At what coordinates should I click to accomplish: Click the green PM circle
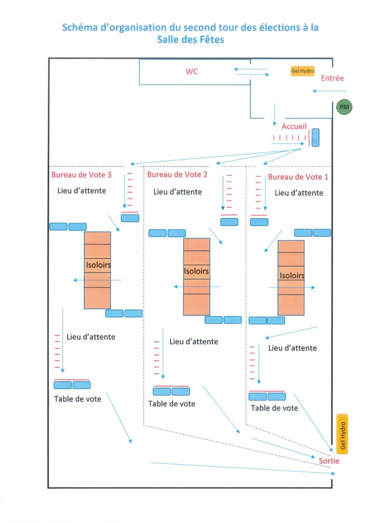(344, 107)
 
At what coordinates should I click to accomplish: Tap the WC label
(192, 71)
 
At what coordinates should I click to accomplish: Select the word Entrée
(332, 78)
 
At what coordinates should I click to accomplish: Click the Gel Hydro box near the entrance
(303, 71)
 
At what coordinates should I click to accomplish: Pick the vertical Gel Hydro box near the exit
(343, 434)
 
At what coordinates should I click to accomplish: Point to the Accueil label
(294, 126)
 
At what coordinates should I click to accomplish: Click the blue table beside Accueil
(315, 137)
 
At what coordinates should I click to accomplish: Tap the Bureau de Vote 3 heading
(81, 175)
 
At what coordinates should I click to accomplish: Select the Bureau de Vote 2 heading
(177, 174)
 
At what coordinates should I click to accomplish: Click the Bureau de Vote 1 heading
(298, 177)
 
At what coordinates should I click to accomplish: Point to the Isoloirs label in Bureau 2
(196, 271)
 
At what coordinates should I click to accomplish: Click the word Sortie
(329, 461)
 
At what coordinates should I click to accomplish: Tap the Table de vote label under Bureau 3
(78, 399)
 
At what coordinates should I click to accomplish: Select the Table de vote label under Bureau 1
(274, 408)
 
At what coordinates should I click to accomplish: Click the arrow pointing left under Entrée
(330, 91)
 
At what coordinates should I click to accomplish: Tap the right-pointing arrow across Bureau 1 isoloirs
(292, 287)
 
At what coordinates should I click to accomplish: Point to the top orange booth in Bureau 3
(97, 238)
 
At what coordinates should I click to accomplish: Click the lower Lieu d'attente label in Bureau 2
(194, 341)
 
